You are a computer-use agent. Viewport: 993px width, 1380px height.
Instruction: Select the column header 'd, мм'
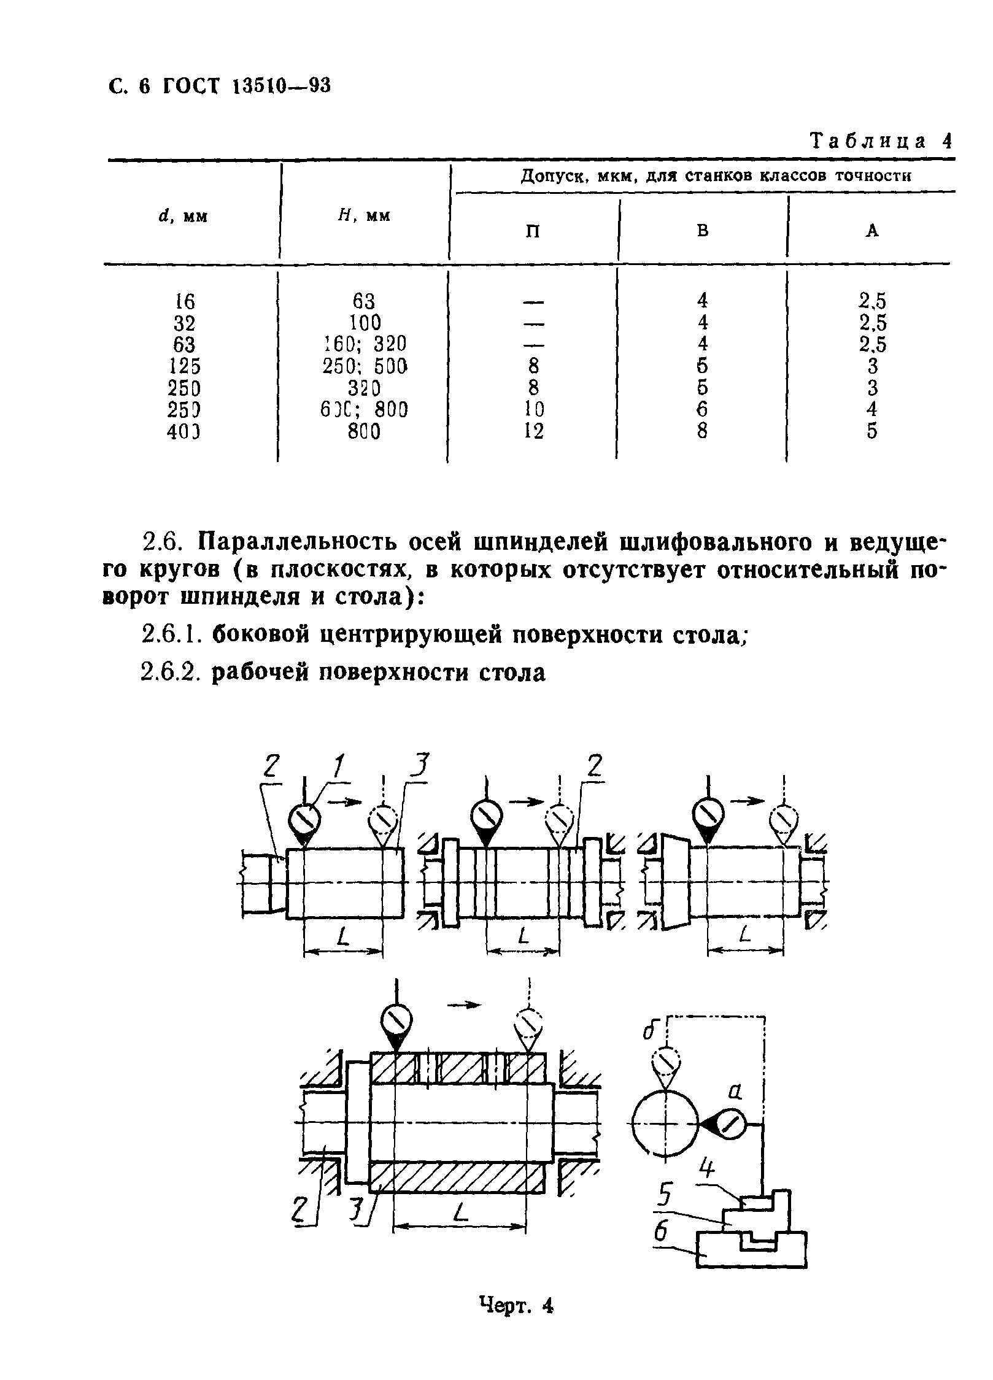click(x=184, y=217)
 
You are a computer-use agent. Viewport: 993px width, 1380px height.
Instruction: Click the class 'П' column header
click(x=533, y=231)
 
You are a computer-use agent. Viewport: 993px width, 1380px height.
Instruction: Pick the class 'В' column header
click(x=703, y=231)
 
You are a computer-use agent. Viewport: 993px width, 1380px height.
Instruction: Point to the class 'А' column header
click(x=872, y=231)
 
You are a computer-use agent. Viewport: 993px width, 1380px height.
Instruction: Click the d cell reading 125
click(x=184, y=366)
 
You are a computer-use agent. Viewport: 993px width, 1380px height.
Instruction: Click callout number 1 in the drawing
click(x=337, y=767)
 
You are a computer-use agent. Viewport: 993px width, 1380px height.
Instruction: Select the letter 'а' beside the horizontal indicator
click(x=735, y=1092)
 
